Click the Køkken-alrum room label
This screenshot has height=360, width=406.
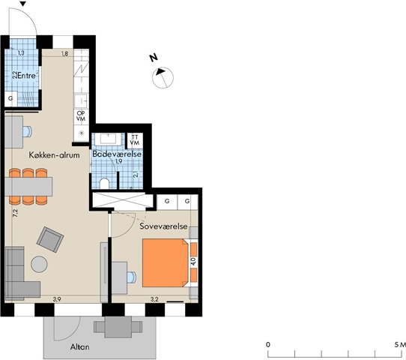tap(54, 155)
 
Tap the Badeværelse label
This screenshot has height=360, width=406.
tap(117, 154)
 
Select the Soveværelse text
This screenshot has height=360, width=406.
tap(163, 226)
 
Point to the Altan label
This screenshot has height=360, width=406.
tap(79, 346)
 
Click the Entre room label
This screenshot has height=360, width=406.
tap(27, 76)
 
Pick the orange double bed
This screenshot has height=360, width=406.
tap(166, 262)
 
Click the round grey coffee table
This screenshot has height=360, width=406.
tap(39, 264)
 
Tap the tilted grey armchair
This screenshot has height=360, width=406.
tap(50, 239)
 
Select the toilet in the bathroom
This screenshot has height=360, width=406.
tap(105, 183)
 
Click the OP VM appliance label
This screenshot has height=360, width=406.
tap(81, 115)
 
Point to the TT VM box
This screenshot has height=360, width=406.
tap(135, 140)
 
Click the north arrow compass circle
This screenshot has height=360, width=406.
tap(163, 77)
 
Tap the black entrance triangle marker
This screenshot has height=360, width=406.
tap(23, 4)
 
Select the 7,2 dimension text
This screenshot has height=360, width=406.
tap(15, 213)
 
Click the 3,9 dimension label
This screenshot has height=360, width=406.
tap(57, 299)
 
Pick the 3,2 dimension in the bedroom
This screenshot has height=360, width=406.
tap(154, 299)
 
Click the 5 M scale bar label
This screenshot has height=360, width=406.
tap(400, 345)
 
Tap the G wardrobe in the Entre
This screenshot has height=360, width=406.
tap(11, 99)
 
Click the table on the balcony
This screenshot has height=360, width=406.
tap(118, 327)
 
